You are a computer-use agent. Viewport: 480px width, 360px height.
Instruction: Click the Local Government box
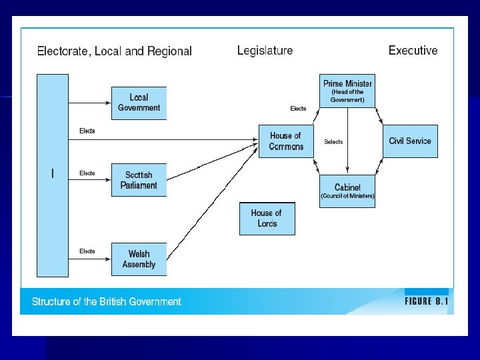[139, 103]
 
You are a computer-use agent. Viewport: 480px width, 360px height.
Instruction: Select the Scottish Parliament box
[139, 180]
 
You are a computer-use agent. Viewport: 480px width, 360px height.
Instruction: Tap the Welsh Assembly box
[139, 259]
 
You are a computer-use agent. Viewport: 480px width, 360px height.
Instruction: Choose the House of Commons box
[286, 141]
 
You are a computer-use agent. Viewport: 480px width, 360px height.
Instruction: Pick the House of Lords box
[267, 219]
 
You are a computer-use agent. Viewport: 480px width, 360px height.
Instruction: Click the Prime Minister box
[347, 91]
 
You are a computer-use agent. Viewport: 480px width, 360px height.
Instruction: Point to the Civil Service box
[410, 141]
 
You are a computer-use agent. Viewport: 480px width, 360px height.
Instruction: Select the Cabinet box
[347, 191]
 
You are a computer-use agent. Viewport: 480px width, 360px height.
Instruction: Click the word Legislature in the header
[265, 50]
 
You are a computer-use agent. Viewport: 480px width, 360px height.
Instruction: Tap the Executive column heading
[413, 50]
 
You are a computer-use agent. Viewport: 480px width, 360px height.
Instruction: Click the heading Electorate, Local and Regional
[114, 51]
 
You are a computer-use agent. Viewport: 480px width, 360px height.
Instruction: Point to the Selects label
[333, 142]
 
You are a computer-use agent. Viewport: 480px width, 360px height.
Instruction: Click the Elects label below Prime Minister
[298, 109]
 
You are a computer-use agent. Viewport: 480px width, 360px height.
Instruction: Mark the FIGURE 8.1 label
[427, 301]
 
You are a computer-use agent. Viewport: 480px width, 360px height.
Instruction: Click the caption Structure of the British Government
[107, 302]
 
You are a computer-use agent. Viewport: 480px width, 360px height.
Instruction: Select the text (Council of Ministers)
[347, 196]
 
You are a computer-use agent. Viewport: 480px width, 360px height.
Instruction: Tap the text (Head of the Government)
[347, 96]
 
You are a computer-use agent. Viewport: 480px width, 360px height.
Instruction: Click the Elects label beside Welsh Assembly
[87, 251]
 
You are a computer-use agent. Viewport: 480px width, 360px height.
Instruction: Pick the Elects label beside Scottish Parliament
[87, 173]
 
